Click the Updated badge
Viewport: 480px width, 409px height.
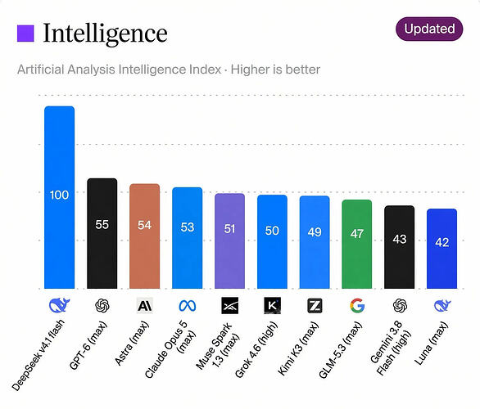429,29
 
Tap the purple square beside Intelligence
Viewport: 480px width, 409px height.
25,34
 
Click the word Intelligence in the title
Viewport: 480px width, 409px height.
106,34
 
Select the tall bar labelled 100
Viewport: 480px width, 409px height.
60,197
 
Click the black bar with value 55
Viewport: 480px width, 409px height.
102,233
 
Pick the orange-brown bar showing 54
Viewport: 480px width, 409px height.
144,236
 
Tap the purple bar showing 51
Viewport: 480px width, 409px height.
229,240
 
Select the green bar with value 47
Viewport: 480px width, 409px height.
357,244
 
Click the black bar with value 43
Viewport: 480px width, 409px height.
400,247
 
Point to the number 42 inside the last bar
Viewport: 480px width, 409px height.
442,242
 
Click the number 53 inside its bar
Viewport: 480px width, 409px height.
188,227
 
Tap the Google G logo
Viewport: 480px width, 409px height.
357,306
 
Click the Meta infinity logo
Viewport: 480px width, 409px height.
188,306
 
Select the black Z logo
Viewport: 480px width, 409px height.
315,306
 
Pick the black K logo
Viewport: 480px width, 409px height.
272,306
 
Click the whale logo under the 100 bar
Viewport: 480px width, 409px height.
60,306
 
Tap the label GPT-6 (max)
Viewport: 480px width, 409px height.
88,345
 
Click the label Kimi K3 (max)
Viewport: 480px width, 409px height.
298,348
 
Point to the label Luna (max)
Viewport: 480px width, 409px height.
432,344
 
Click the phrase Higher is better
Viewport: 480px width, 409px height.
275,70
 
